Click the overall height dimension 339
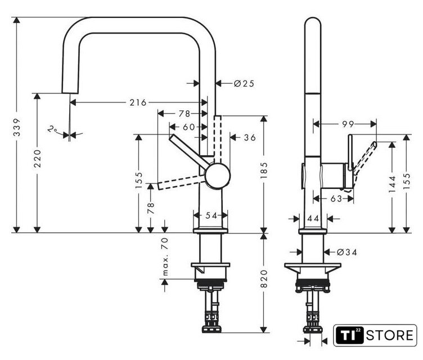[17, 127]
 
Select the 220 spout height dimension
[38, 159]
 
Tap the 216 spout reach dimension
[138, 102]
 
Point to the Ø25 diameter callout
[244, 83]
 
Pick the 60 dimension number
[189, 127]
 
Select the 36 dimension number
[250, 138]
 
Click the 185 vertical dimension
[264, 170]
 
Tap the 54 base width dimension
[211, 215]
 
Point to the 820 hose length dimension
[264, 279]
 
